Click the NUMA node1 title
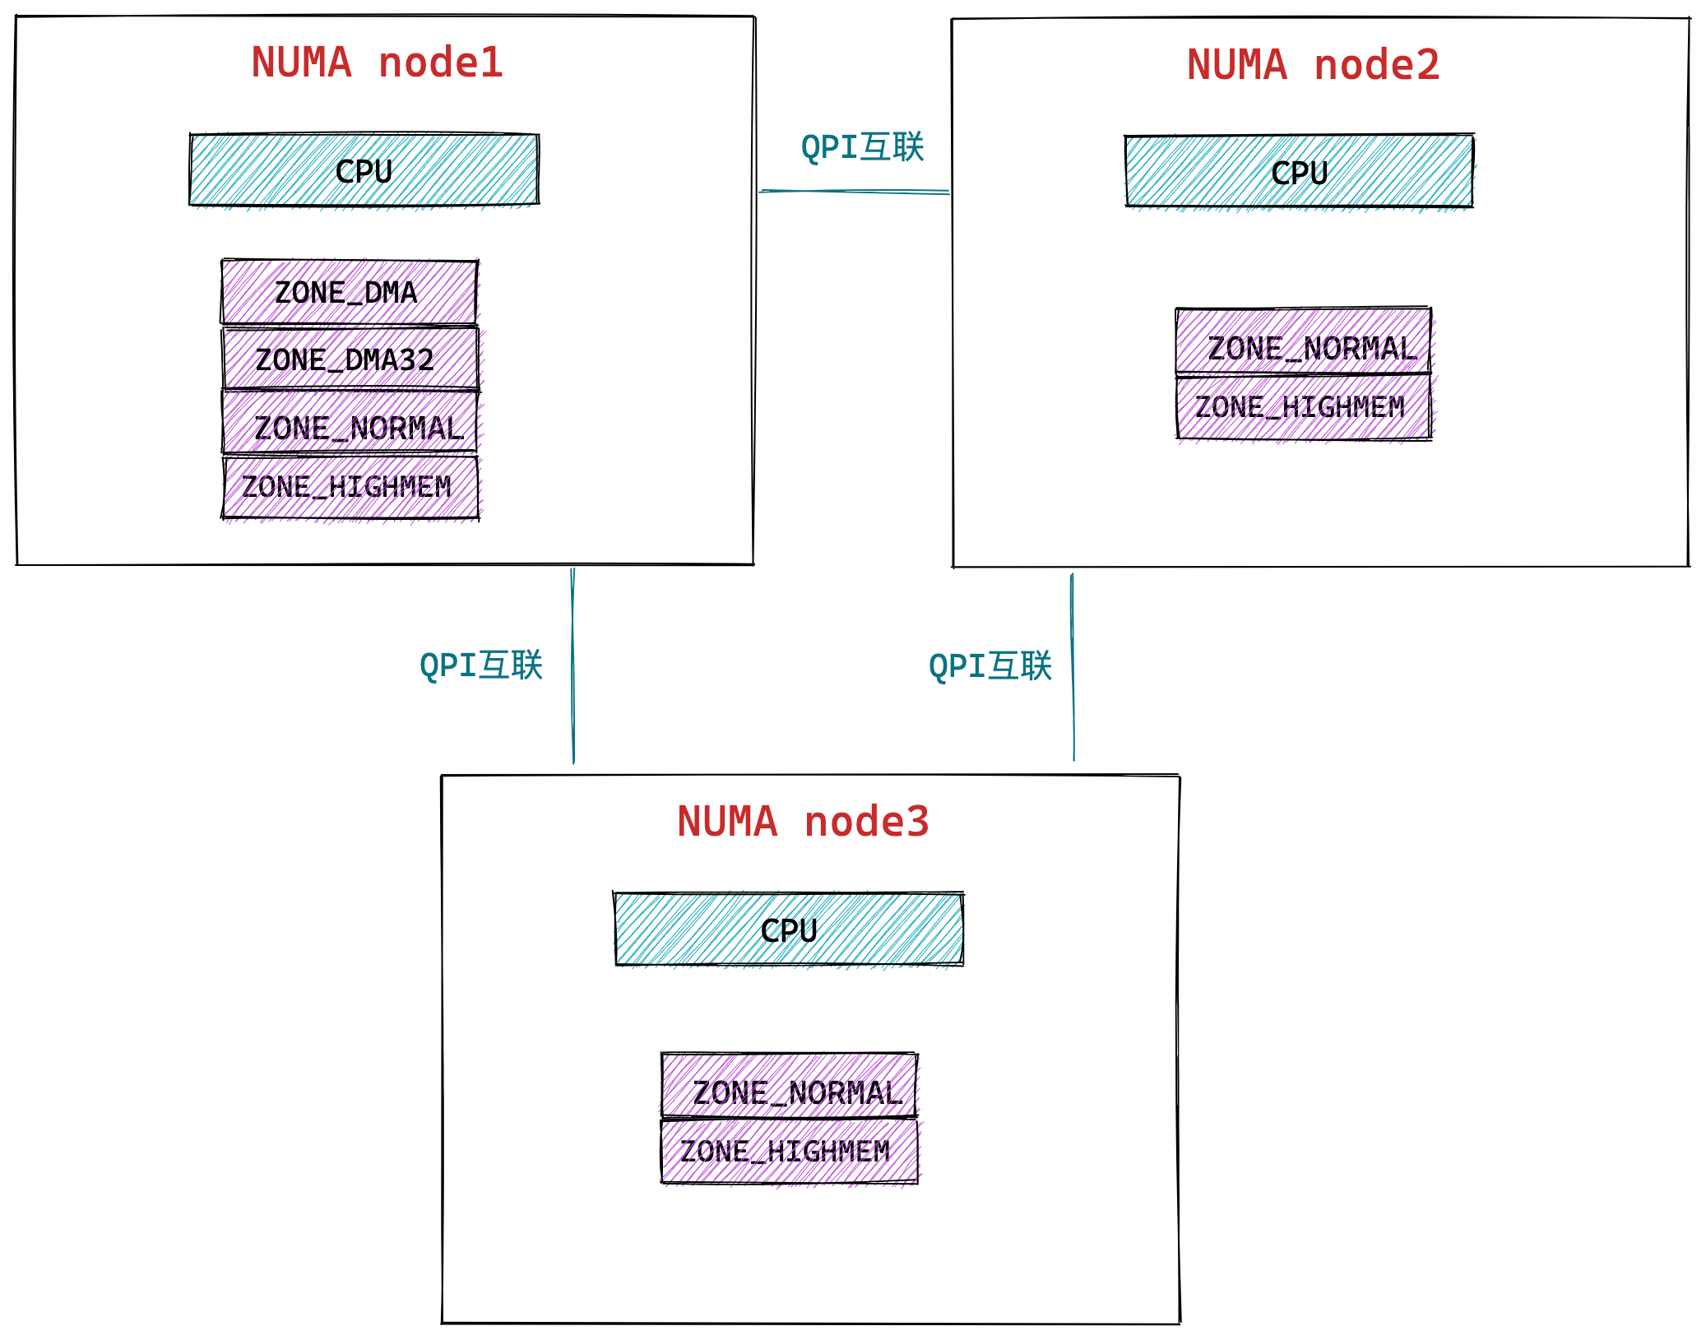377,63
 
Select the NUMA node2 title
1313,66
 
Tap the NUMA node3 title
803,822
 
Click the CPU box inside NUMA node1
364,170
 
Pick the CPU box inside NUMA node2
1299,172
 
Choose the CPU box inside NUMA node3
788,930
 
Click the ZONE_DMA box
349,293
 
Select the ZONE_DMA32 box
349,359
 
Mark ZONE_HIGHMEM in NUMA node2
1303,407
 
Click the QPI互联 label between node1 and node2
862,147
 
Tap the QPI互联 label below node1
481,665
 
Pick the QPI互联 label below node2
990,665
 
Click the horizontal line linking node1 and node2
853,192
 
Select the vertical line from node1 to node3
573,666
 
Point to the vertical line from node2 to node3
1073,666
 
